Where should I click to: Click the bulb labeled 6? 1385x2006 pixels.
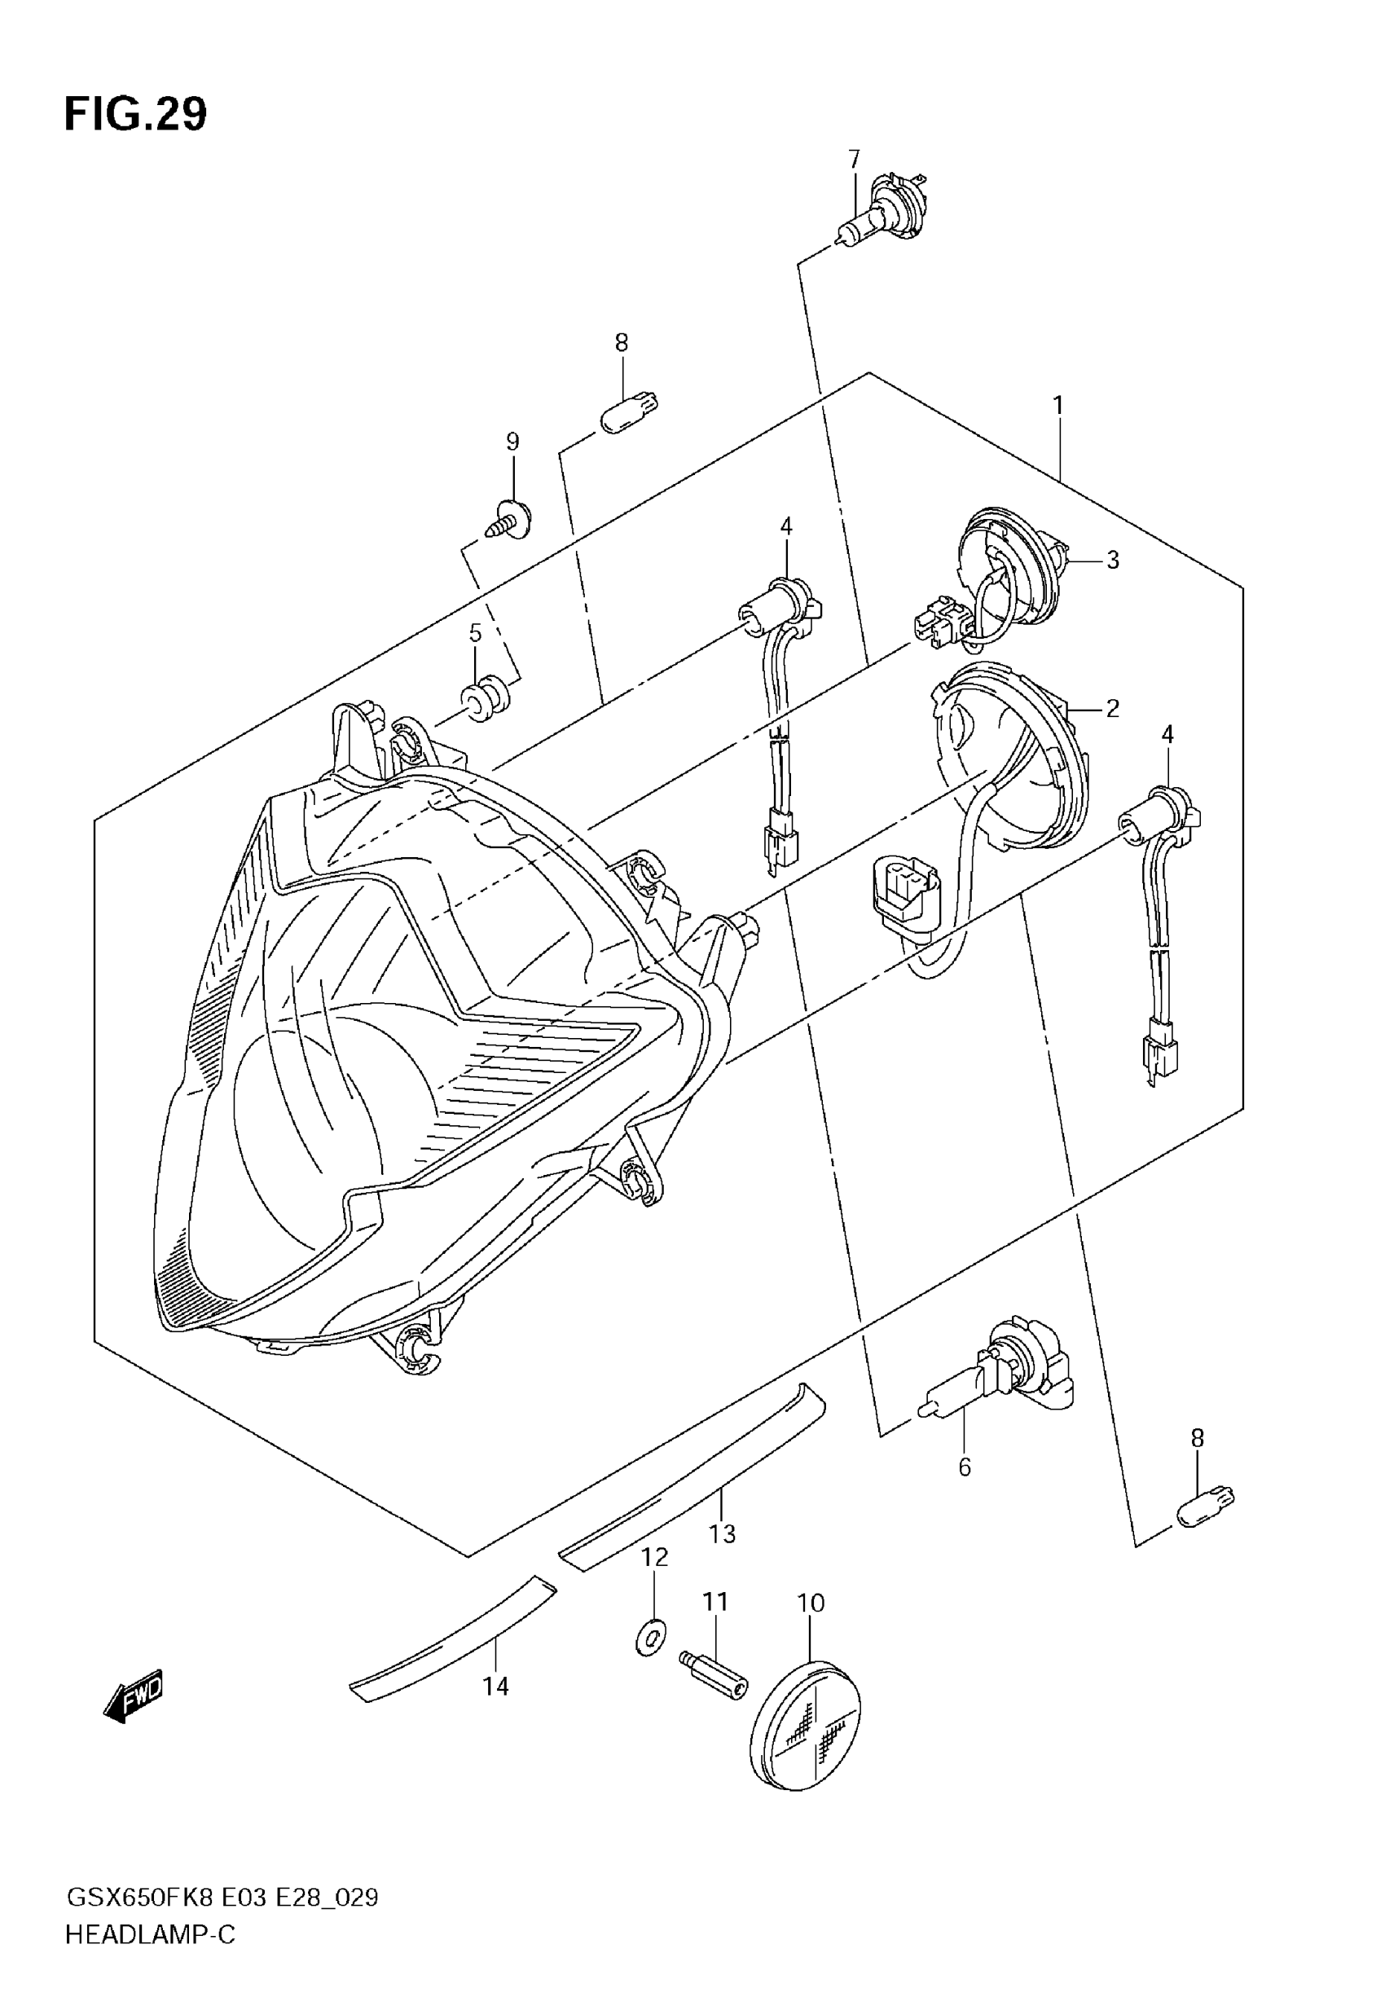point(998,1378)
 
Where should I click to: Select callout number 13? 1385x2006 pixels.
point(722,1533)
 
